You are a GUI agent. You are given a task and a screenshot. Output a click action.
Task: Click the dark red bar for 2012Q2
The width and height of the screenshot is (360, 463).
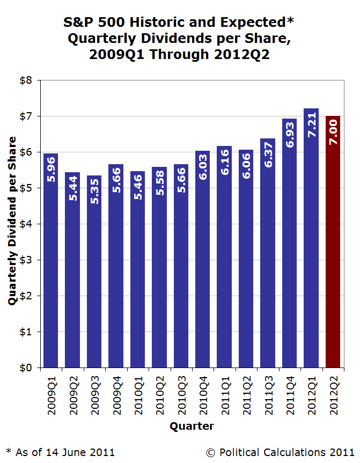coord(333,242)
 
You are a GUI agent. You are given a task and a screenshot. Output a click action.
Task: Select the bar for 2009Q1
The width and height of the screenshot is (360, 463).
coord(51,261)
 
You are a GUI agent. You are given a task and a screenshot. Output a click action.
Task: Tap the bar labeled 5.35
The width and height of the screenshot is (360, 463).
coord(94,271)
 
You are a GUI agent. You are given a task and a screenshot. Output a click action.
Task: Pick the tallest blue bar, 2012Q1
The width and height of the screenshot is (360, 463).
coord(311,238)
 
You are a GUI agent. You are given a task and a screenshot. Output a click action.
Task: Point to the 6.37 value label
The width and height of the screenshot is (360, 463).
coord(268,155)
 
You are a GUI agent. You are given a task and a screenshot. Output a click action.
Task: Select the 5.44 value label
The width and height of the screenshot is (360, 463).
coord(72,188)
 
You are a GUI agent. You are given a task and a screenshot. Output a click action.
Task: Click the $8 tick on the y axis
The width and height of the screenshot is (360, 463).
coord(26,80)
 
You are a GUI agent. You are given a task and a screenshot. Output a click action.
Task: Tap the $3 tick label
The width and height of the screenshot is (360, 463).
coord(26,260)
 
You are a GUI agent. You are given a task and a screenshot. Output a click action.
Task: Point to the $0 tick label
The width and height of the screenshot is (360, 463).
coord(26,368)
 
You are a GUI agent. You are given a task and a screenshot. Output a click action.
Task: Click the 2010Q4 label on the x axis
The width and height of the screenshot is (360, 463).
coord(203,395)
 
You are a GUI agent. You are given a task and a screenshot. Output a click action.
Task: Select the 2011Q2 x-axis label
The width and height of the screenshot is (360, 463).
coord(247,395)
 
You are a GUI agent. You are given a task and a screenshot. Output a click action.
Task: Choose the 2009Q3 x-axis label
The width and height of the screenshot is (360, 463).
coord(95,395)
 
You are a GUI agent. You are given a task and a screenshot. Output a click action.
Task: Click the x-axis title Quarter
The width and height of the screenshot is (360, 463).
coord(192,427)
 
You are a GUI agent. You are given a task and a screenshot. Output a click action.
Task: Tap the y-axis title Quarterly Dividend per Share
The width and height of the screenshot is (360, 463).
coord(12,221)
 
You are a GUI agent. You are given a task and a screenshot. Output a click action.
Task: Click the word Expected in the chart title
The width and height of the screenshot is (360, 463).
coord(253,22)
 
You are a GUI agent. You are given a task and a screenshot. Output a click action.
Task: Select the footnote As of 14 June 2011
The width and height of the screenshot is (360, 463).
coord(65,452)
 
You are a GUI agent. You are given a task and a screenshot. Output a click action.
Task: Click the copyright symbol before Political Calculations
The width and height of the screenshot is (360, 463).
coord(210,453)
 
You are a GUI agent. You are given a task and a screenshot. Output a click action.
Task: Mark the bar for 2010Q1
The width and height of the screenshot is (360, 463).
coord(138,269)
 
